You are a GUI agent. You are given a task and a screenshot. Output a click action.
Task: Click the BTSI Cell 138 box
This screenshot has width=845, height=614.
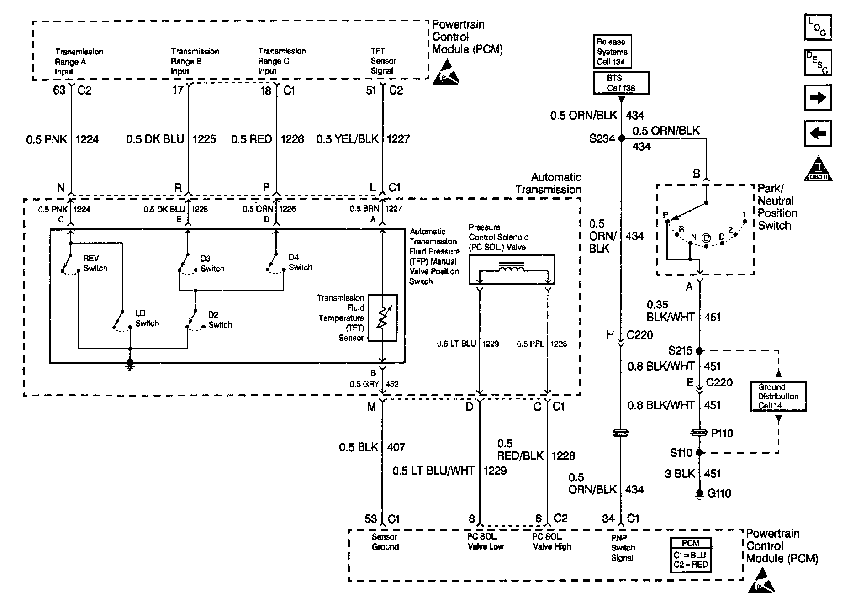pyautogui.click(x=621, y=83)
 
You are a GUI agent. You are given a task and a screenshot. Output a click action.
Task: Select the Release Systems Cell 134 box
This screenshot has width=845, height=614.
pyautogui.click(x=612, y=52)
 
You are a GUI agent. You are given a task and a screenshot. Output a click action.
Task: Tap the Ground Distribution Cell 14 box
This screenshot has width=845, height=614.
pyautogui.click(x=778, y=396)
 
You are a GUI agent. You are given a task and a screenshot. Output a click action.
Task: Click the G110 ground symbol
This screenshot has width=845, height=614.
pyautogui.click(x=699, y=494)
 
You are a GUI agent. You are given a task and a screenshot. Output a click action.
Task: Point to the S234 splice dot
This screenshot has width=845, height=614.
pyautogui.click(x=621, y=138)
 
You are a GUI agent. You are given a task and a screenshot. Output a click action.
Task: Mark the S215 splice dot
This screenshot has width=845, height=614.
pyautogui.click(x=699, y=351)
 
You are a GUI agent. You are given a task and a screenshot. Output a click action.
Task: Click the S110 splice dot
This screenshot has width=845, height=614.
pyautogui.click(x=699, y=453)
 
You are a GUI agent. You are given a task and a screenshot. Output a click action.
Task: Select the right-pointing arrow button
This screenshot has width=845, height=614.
pyautogui.click(x=818, y=98)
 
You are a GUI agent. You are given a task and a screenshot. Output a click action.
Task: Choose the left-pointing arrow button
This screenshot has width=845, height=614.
pyautogui.click(x=818, y=133)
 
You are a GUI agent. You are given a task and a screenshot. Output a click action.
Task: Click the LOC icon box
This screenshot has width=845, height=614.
pyautogui.click(x=818, y=27)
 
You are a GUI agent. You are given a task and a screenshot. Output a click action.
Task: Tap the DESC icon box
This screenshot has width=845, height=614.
pyautogui.click(x=818, y=63)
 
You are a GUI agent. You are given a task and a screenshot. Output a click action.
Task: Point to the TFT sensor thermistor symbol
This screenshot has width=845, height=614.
pyautogui.click(x=382, y=318)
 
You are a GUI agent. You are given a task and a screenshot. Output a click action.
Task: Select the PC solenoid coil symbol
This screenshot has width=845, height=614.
pyautogui.click(x=512, y=269)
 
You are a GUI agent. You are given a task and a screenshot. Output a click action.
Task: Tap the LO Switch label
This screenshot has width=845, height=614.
pyautogui.click(x=147, y=318)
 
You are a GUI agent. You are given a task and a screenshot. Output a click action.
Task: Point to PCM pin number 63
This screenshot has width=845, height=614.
pyautogui.click(x=59, y=90)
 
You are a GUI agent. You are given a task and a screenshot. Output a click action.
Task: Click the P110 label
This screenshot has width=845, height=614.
pyautogui.click(x=722, y=433)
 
